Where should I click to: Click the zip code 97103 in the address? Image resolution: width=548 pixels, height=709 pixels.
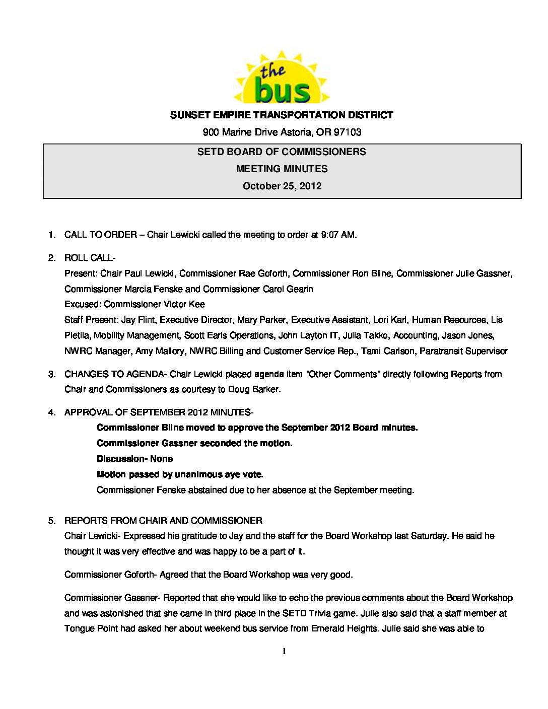(x=348, y=132)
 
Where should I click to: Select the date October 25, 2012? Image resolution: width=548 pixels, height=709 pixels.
(x=282, y=186)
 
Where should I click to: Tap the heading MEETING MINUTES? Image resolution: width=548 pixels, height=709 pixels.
(x=282, y=169)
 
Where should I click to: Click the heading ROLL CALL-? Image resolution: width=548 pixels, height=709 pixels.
(x=90, y=258)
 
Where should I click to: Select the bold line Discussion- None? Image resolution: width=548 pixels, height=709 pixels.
(x=134, y=459)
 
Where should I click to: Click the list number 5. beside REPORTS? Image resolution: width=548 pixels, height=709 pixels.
(x=52, y=521)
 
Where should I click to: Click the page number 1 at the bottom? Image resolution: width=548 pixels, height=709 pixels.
(x=284, y=652)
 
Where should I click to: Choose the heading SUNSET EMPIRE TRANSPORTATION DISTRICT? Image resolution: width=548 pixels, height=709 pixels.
(x=282, y=115)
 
